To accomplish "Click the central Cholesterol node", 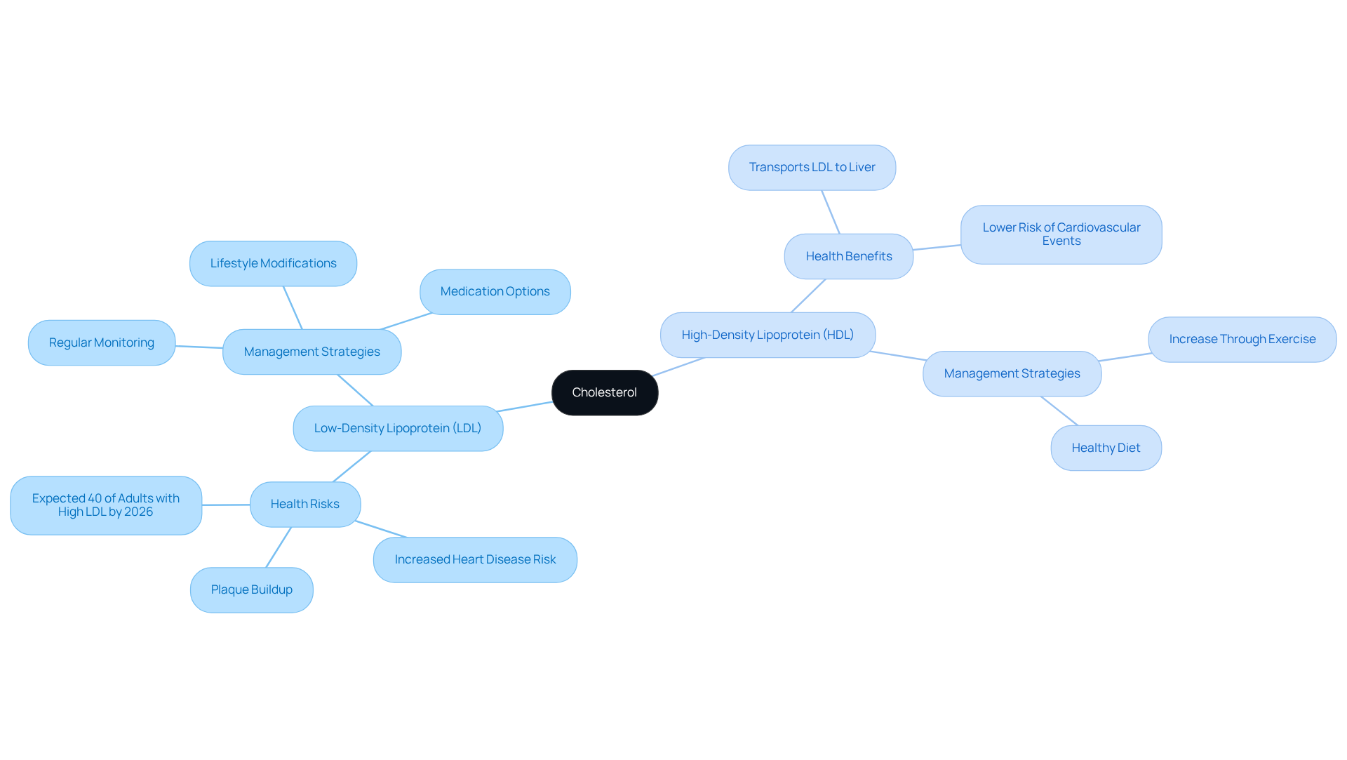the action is click(x=605, y=392).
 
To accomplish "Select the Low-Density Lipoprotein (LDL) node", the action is click(x=398, y=428).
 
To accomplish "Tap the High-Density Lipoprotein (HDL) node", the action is click(x=768, y=335).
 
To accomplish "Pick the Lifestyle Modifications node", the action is click(x=273, y=263).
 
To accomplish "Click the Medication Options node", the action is click(x=495, y=292).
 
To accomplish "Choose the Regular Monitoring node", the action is click(x=102, y=342).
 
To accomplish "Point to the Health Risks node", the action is click(x=305, y=504).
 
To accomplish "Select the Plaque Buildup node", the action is click(x=252, y=589).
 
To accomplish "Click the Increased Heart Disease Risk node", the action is click(x=475, y=559).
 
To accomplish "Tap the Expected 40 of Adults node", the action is click(x=106, y=505).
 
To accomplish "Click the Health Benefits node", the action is click(x=849, y=256).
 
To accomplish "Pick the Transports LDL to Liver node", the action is click(x=812, y=167).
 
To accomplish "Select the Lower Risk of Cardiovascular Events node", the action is click(x=1061, y=234).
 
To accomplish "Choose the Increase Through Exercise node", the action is click(x=1242, y=339).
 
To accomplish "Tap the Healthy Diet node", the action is click(x=1106, y=448).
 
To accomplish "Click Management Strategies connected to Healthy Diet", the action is click(x=1012, y=373).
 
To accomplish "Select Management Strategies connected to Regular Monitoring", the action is click(x=312, y=352).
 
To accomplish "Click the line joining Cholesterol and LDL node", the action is click(x=524, y=407).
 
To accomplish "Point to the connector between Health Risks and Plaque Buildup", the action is click(x=279, y=547).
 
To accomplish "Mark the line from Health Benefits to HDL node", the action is click(x=808, y=295).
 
